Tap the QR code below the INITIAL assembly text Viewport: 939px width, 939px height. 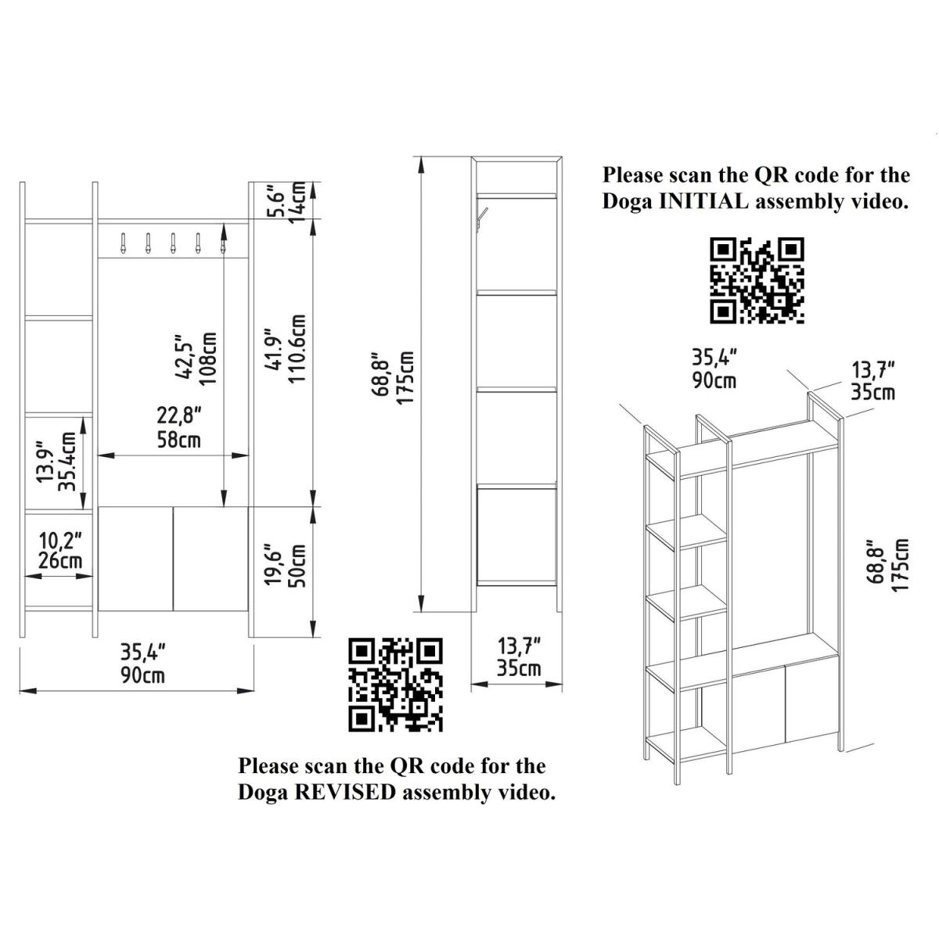pos(757,280)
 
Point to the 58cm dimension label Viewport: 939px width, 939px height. pos(178,441)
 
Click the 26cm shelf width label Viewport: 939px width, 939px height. pos(60,560)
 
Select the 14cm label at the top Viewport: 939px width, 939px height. pos(297,202)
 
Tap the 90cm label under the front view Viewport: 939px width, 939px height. pos(142,676)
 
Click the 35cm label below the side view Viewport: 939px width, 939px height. pos(519,668)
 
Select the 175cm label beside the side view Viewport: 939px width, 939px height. pos(405,378)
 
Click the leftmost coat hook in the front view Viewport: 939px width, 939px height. pos(123,243)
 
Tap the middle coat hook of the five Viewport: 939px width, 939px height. pos(173,243)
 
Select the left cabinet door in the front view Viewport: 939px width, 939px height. pos(135,559)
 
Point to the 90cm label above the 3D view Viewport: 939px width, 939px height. pos(714,381)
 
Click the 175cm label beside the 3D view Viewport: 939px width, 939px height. pos(901,564)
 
